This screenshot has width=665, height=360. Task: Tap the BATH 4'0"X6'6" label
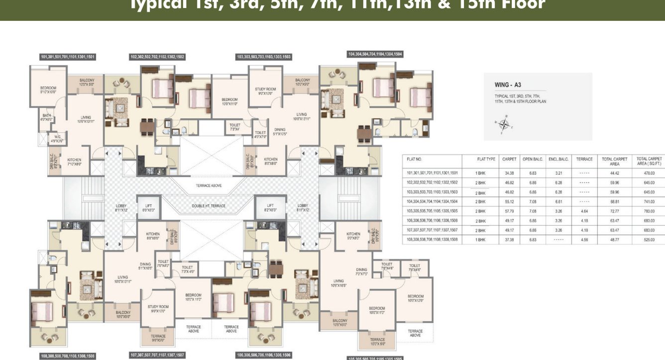tap(47, 118)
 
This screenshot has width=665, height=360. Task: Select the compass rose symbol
tap(504, 123)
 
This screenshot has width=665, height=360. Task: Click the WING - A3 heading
tap(507, 85)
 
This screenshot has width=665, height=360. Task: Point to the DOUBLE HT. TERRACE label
tap(209, 206)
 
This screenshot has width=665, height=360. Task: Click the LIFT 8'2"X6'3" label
tap(270, 208)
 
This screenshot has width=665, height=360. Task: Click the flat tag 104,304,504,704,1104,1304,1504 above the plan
tap(375, 54)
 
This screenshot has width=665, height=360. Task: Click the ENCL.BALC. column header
tap(558, 159)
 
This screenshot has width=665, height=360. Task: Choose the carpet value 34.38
tap(509, 173)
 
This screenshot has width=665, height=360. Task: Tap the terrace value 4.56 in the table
tap(584, 240)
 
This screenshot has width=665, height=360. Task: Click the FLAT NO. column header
tap(414, 159)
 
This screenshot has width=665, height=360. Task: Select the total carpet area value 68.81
tap(615, 202)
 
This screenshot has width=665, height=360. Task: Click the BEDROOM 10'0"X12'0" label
tap(415, 298)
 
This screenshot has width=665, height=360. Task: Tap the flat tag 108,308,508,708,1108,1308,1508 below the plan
tap(68, 356)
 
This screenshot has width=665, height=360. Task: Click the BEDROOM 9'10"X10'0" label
tap(48, 90)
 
